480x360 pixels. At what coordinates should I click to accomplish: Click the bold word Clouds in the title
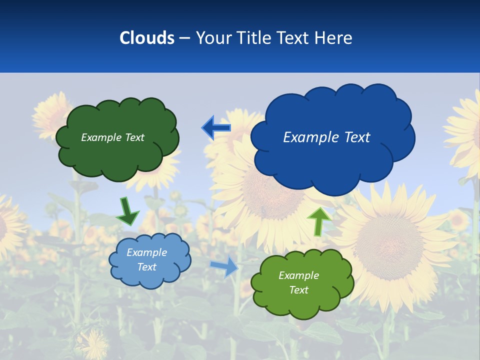click(x=147, y=38)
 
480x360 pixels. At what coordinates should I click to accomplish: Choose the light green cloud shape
click(x=302, y=300)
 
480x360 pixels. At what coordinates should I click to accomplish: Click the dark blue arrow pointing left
click(x=216, y=128)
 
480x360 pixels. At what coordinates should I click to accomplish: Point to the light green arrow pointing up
click(x=318, y=220)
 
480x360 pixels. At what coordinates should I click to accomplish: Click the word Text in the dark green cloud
click(x=134, y=137)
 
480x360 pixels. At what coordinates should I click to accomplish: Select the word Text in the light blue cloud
click(x=146, y=267)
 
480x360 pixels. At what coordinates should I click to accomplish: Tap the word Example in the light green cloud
click(x=298, y=275)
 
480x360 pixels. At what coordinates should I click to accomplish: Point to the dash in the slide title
click(x=184, y=38)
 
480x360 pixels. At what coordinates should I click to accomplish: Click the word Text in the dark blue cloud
click(x=357, y=137)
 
